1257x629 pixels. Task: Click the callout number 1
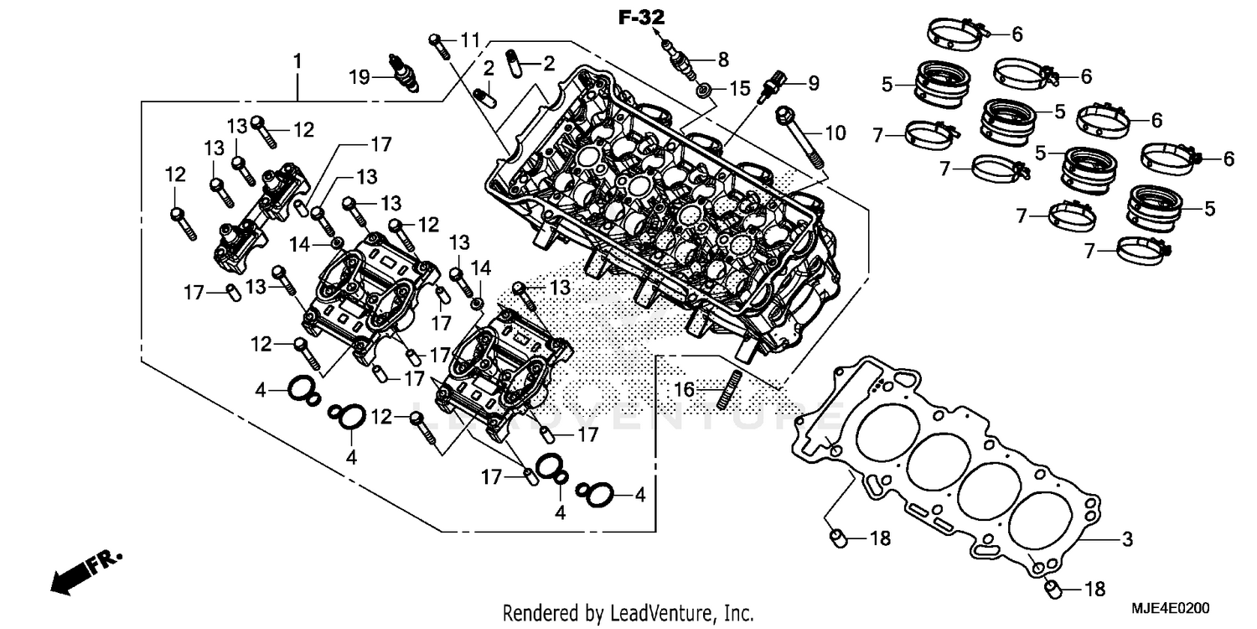click(297, 62)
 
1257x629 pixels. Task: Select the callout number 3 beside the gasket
click(1127, 538)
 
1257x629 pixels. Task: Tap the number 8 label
click(722, 60)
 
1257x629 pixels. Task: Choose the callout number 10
click(835, 133)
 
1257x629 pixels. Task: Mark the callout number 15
click(738, 88)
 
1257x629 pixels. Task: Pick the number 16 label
click(685, 389)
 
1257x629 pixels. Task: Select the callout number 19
click(360, 77)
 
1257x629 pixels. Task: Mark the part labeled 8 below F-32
click(681, 60)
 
